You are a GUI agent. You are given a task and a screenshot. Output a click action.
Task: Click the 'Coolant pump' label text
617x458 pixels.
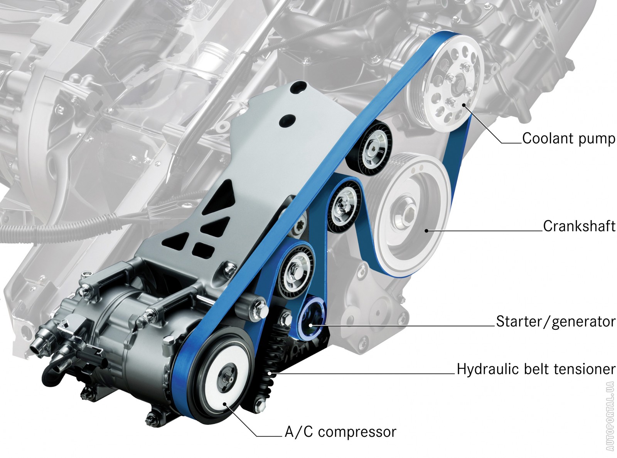[x=568, y=139]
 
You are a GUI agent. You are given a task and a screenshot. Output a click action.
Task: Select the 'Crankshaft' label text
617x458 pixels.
[x=579, y=226]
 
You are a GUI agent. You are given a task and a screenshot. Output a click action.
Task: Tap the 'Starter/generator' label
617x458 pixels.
[x=556, y=322]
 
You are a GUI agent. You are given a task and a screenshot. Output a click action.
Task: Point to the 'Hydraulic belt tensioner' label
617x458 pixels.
[x=536, y=370]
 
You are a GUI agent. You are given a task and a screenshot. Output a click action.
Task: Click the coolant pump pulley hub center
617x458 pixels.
[x=458, y=85]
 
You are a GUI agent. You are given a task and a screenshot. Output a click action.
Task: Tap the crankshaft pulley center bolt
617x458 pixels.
[x=408, y=214]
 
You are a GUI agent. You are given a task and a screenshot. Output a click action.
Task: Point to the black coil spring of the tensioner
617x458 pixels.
[x=270, y=362]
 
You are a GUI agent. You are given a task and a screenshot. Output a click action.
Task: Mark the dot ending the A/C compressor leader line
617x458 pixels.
[x=225, y=404]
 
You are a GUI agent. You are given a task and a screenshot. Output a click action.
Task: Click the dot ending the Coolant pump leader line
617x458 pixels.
[x=464, y=105]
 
